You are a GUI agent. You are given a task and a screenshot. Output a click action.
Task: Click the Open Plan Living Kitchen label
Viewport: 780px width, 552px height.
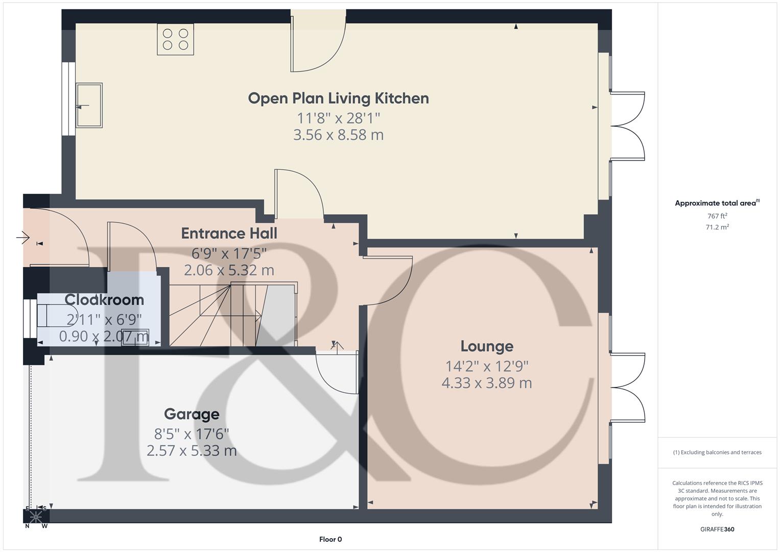pyautogui.click(x=338, y=98)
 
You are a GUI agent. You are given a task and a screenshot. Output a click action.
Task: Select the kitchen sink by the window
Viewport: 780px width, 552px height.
pyautogui.click(x=89, y=105)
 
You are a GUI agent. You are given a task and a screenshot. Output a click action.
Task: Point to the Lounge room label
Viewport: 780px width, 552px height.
pyautogui.click(x=487, y=346)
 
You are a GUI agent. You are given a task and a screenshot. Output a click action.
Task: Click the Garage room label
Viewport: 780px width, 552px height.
pyautogui.click(x=192, y=414)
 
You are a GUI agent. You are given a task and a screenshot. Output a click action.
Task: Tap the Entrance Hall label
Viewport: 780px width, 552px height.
pyautogui.click(x=229, y=234)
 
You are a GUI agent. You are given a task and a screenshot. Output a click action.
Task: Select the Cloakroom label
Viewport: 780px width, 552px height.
pyautogui.click(x=104, y=300)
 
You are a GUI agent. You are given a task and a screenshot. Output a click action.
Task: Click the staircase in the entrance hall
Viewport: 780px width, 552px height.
pyautogui.click(x=232, y=314)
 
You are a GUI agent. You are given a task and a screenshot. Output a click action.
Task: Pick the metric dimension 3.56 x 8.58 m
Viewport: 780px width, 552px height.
pyautogui.click(x=338, y=135)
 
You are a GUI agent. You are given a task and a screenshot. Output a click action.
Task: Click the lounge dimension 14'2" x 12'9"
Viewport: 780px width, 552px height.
pyautogui.click(x=487, y=366)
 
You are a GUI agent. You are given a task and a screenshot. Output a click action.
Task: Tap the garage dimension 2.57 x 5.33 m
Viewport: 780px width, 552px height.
pyautogui.click(x=192, y=450)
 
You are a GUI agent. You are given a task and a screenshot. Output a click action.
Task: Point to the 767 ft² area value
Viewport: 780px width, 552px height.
pyautogui.click(x=717, y=216)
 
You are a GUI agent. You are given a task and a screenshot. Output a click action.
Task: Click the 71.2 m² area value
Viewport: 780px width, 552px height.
pyautogui.click(x=717, y=227)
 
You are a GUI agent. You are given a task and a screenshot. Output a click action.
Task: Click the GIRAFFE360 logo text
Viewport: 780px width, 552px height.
pyautogui.click(x=717, y=529)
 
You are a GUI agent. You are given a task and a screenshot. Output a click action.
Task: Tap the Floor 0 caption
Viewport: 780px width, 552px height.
pyautogui.click(x=330, y=539)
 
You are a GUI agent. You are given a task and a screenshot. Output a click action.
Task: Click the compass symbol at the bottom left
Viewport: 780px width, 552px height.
pyautogui.click(x=36, y=516)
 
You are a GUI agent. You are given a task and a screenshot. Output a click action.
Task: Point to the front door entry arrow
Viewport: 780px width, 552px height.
pyautogui.click(x=23, y=238)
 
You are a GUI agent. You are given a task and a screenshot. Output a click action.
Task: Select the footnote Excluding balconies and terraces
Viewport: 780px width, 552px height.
pyautogui.click(x=717, y=452)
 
